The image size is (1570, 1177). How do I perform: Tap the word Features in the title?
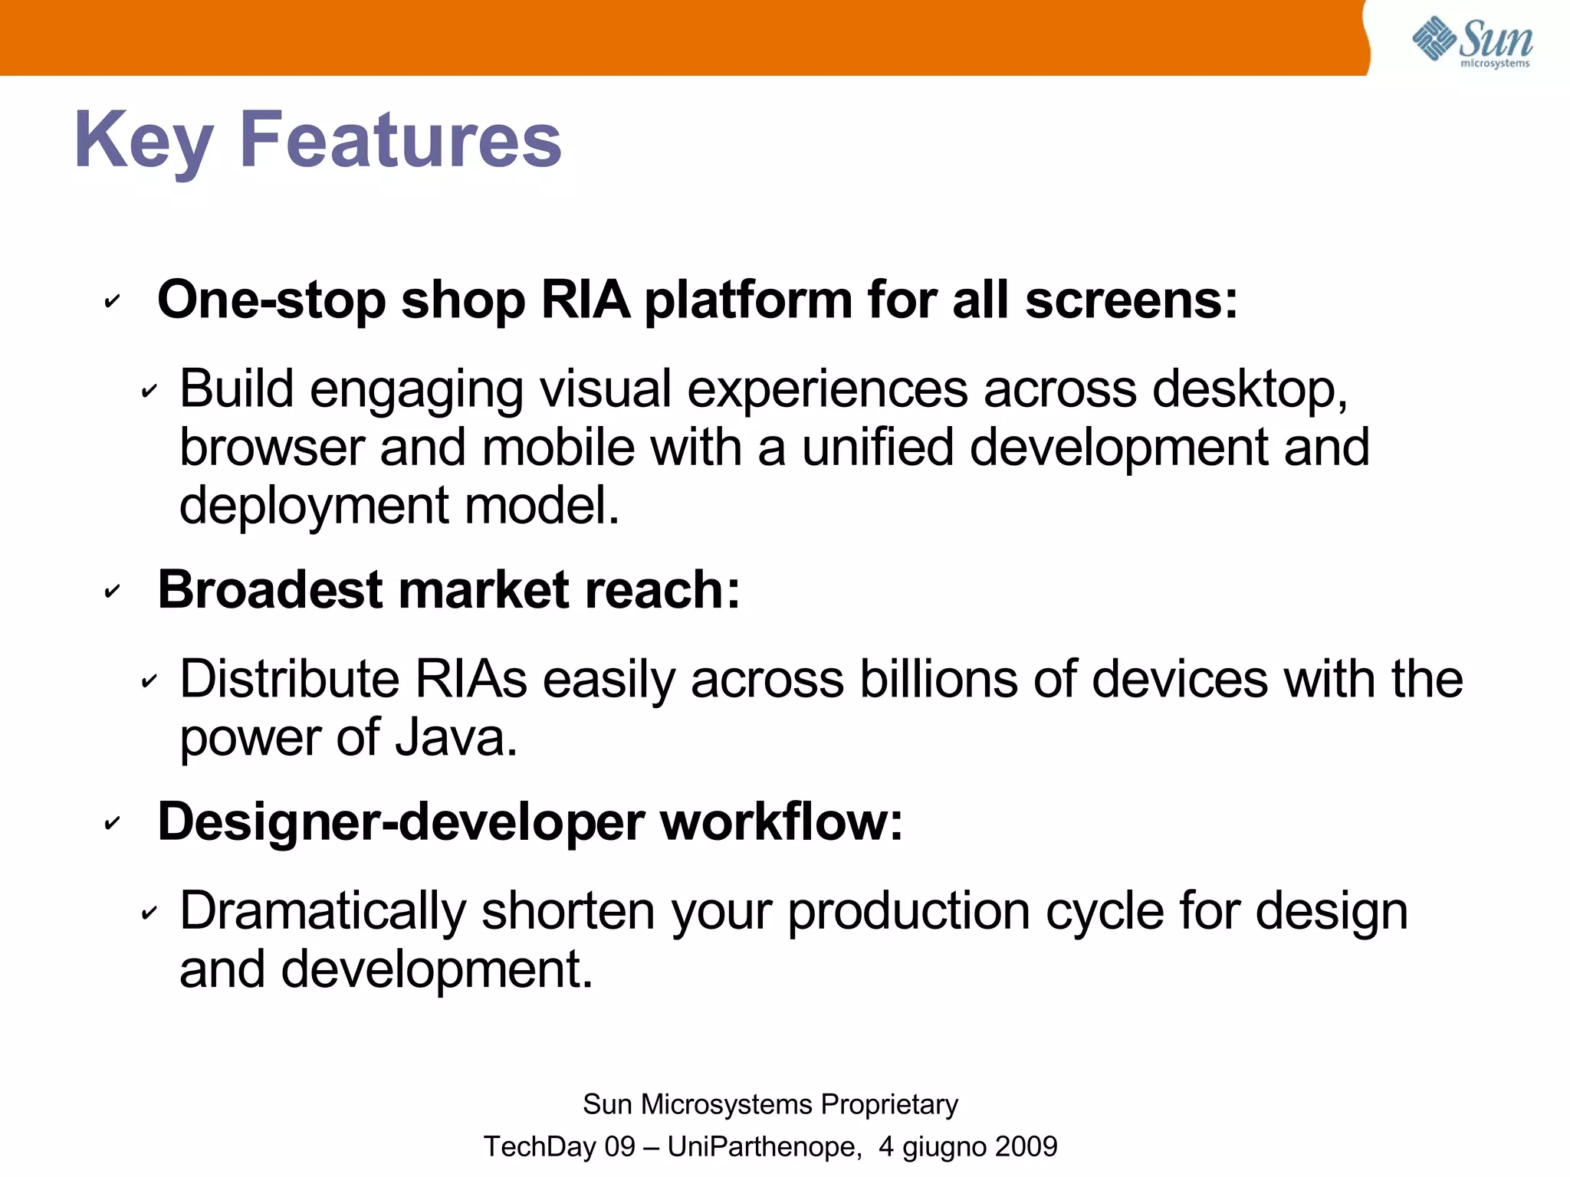[x=400, y=139]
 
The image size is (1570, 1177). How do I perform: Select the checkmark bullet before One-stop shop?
[x=112, y=301]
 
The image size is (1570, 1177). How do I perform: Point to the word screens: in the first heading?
[x=1132, y=300]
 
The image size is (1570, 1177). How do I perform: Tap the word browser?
[x=271, y=448]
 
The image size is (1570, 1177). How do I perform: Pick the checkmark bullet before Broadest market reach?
[x=112, y=592]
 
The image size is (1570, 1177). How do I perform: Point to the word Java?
[x=455, y=738]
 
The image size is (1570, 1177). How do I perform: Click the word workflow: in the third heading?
[x=781, y=822]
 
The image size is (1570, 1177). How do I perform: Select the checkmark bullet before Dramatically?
[x=149, y=913]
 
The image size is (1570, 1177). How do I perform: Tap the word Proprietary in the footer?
[x=889, y=1104]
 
